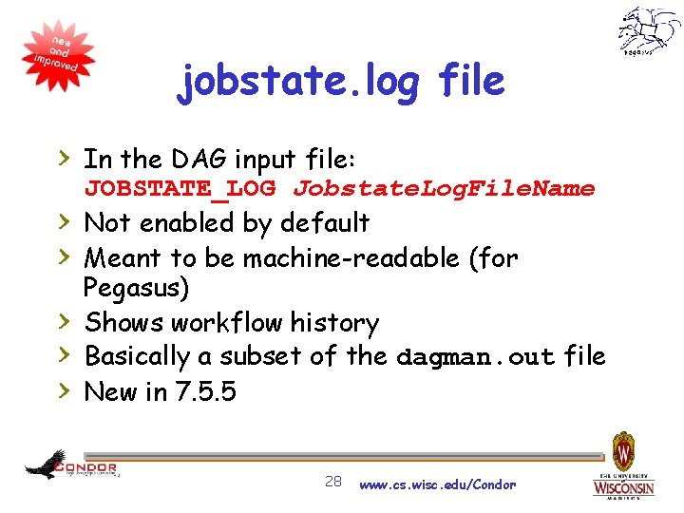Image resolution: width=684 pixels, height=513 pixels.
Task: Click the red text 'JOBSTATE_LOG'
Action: coord(180,188)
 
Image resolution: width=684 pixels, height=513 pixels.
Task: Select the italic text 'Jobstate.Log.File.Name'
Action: coord(444,188)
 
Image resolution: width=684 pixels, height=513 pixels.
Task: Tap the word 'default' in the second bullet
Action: coord(324,223)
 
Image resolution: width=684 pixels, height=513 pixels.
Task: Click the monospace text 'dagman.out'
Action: coord(475,357)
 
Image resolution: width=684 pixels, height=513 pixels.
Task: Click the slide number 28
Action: coord(332,482)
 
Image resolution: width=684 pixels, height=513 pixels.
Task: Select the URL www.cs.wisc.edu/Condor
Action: coord(437,484)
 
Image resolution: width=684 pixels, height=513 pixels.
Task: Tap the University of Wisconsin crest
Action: coord(624,450)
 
